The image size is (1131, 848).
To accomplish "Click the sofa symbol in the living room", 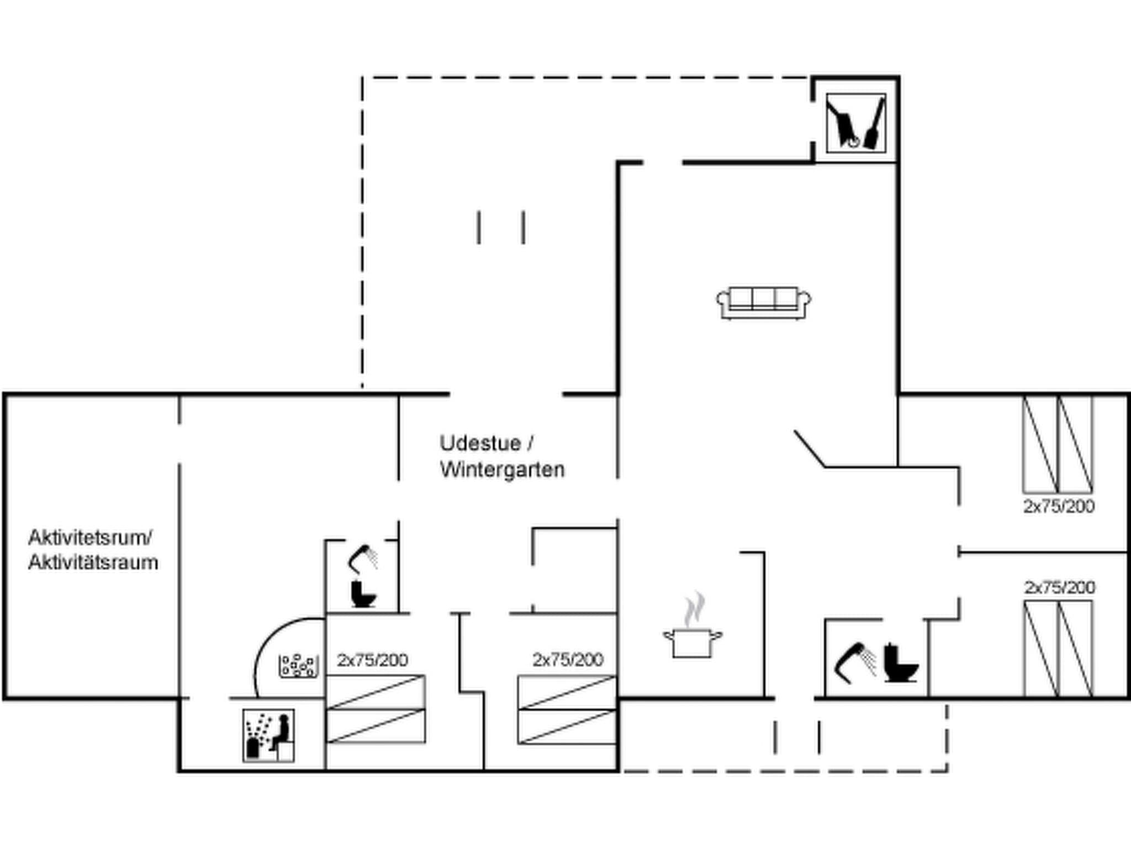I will [764, 303].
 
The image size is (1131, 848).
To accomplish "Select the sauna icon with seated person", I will [268, 735].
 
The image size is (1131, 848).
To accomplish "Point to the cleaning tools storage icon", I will [855, 123].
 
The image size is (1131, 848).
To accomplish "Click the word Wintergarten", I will [502, 470].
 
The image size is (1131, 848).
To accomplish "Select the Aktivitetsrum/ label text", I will [90, 537].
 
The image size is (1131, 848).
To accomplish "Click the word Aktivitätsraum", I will [93, 563].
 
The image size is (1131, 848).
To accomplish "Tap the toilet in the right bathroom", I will [900, 663].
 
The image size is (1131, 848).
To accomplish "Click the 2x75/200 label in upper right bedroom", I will [1058, 506].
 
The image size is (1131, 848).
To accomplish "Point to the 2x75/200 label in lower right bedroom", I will [1059, 587].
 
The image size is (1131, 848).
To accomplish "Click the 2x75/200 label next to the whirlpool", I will [372, 660].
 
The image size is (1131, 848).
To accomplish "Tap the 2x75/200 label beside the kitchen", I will [567, 659].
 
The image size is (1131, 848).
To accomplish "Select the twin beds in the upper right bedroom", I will [1057, 444].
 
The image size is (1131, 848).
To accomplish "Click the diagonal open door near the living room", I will [810, 449].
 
